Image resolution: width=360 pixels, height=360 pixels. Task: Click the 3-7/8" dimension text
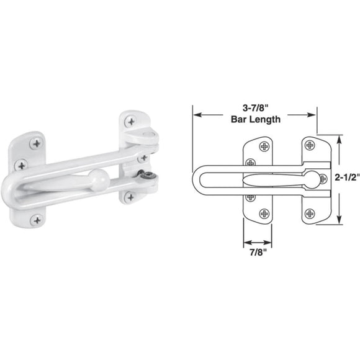coord(255,107)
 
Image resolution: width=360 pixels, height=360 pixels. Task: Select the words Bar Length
coord(255,119)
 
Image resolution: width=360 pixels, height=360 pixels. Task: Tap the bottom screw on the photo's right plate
coord(130,197)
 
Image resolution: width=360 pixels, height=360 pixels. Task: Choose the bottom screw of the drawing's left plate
coord(265,213)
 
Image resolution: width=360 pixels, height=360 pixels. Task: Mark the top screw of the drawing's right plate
coord(310,146)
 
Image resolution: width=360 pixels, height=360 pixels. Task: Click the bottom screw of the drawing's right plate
coord(310,213)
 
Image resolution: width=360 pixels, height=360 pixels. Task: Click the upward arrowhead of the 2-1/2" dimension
coord(340,139)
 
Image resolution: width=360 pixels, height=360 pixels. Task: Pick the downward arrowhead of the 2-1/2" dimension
coord(340,221)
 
